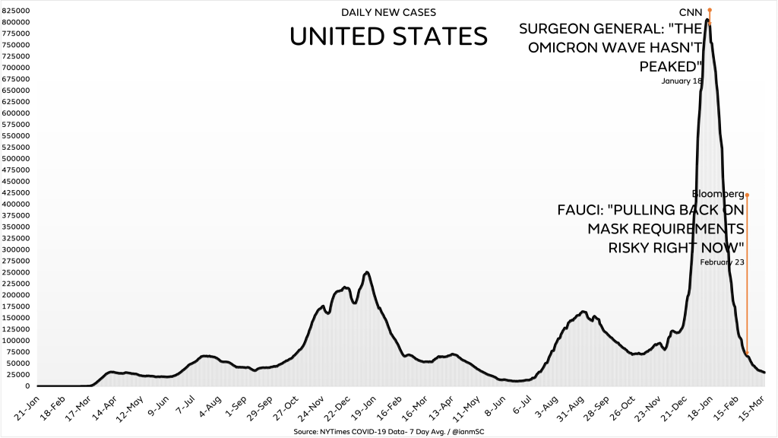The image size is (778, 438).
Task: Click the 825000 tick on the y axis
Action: click(x=15, y=11)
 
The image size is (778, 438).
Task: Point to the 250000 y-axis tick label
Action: click(x=15, y=272)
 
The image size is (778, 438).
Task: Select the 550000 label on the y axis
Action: click(x=15, y=136)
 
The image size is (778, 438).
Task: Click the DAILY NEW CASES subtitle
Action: click(x=388, y=13)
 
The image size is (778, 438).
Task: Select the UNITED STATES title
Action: click(x=388, y=36)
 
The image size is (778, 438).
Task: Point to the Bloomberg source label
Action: click(x=717, y=194)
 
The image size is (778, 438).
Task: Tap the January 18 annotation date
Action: click(x=682, y=81)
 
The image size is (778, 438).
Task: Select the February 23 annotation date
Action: click(x=721, y=262)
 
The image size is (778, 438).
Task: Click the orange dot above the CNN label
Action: click(x=709, y=10)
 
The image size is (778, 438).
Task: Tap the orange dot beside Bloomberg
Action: click(x=747, y=195)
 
